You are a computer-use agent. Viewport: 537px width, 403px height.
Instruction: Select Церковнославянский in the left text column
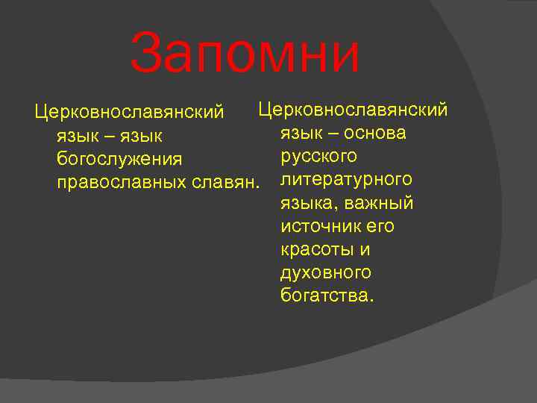pos(129,113)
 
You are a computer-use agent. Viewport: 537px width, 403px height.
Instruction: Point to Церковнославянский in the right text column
pos(353,110)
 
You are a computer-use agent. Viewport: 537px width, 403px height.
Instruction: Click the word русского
pos(318,156)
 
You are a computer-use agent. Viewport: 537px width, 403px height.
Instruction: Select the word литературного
pos(346,180)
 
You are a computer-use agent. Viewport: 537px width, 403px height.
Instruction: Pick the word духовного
pos(326,272)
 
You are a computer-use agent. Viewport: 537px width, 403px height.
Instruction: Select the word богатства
pos(325,296)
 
